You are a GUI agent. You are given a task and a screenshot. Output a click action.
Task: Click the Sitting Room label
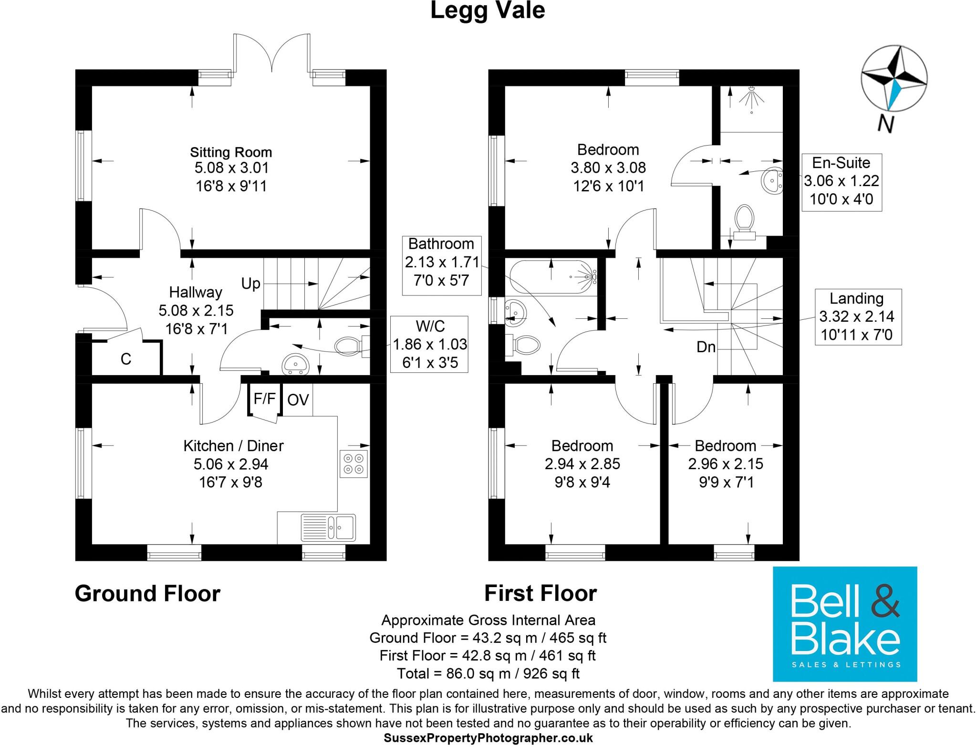[x=231, y=153]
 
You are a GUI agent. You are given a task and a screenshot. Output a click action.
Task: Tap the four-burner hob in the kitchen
[x=354, y=463]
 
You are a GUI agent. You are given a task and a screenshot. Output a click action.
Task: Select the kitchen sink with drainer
[x=328, y=527]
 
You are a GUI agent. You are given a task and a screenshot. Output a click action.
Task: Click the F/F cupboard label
[x=264, y=398]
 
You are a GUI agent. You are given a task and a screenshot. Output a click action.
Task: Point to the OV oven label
[x=298, y=400]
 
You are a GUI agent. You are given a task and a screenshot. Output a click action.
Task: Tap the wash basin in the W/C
[x=296, y=365]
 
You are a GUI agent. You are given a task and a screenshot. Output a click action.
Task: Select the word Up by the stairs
[x=251, y=284]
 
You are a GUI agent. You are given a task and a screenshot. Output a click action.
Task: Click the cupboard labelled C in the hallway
[x=126, y=359]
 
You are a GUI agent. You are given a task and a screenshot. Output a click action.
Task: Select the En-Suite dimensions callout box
[x=842, y=182]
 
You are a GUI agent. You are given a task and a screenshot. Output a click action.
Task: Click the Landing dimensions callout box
[x=857, y=316]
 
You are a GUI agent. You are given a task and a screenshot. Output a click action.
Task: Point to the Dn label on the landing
[x=706, y=347]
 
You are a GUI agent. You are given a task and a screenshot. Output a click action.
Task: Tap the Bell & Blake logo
[x=844, y=623]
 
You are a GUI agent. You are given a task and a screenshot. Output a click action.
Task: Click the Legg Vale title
[x=488, y=11]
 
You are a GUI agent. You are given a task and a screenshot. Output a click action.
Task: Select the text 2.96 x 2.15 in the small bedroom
[x=725, y=464]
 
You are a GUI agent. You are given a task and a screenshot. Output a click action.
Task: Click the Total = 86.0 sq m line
[x=488, y=673]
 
